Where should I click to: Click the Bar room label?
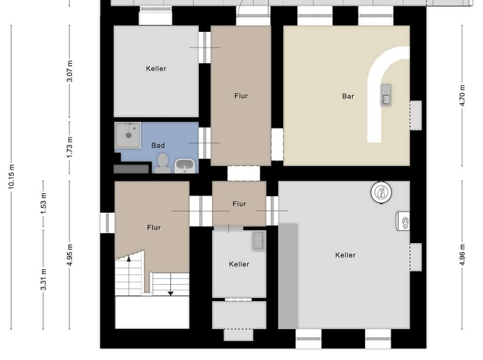pyautogui.click(x=348, y=96)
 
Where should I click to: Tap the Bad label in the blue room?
pyautogui.click(x=158, y=145)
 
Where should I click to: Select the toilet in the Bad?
pyautogui.click(x=163, y=161)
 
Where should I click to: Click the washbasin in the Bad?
pyautogui.click(x=185, y=165)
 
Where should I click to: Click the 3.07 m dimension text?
pyautogui.click(x=70, y=74)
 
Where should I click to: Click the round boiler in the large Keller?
pyautogui.click(x=381, y=192)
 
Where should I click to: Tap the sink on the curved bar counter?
pyautogui.click(x=386, y=98)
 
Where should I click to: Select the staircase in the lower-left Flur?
pyautogui.click(x=129, y=275)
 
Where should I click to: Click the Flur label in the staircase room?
pyautogui.click(x=154, y=227)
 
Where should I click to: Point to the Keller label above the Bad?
pyautogui.click(x=156, y=69)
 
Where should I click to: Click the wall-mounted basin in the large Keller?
pyautogui.click(x=403, y=220)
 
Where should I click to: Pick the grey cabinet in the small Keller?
pyautogui.click(x=258, y=241)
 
